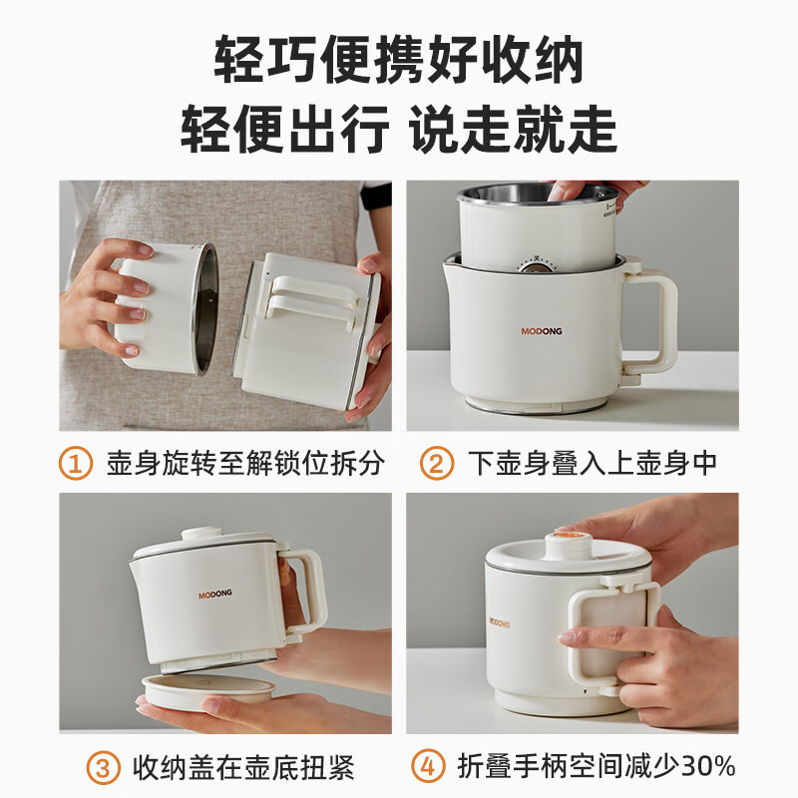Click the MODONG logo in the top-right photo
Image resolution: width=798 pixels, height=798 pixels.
(x=543, y=332)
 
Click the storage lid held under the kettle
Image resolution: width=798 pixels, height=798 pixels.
(x=207, y=687)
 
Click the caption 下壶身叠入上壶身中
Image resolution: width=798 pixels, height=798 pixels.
(x=593, y=463)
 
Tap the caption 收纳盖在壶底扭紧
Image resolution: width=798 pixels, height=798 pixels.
(x=243, y=768)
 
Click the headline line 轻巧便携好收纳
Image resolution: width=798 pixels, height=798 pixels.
(x=399, y=62)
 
